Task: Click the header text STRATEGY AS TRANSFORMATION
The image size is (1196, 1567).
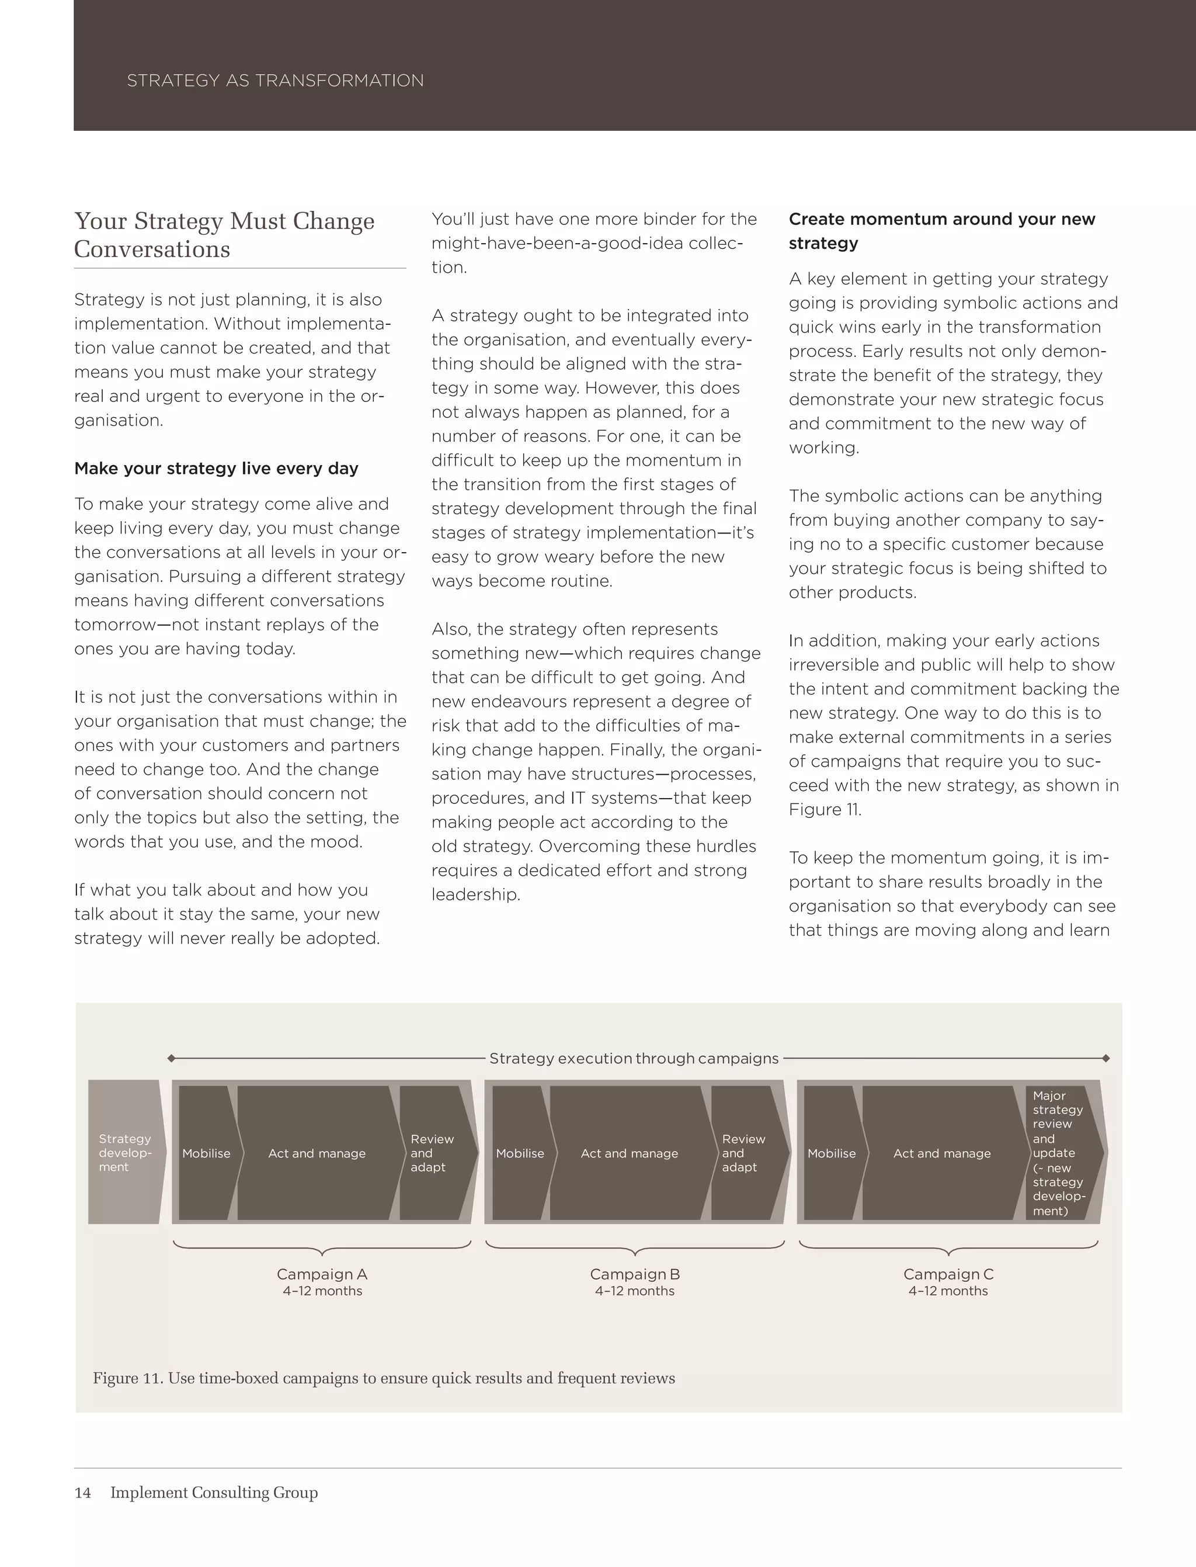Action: click(x=275, y=81)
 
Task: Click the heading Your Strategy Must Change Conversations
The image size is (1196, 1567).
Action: click(x=224, y=235)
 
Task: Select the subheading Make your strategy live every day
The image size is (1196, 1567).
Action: click(x=215, y=469)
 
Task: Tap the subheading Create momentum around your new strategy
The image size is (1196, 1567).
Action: click(x=941, y=231)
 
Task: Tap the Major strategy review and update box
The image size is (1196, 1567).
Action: click(x=1059, y=1152)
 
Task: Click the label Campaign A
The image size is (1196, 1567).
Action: click(x=322, y=1274)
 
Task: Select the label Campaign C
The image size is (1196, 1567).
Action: click(x=948, y=1274)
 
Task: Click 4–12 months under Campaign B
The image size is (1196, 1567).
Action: click(x=634, y=1291)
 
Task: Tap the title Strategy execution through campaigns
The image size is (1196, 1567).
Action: click(x=634, y=1059)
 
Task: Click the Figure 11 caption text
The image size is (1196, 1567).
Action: click(x=384, y=1378)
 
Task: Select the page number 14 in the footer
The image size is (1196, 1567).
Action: click(x=82, y=1493)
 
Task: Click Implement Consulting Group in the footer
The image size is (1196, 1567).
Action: click(x=214, y=1493)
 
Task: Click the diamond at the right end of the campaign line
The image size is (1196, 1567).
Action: click(x=1105, y=1059)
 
